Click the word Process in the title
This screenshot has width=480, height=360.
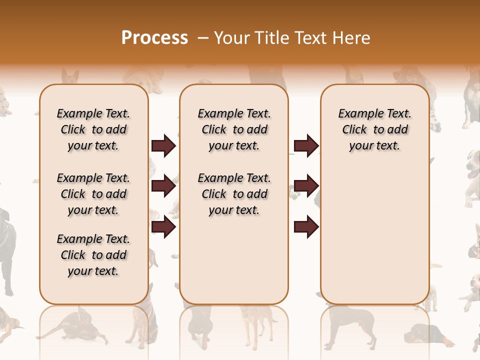154,38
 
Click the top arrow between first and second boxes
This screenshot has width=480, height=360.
163,146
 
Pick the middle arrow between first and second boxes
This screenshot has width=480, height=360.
163,186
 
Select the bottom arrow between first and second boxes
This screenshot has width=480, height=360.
163,227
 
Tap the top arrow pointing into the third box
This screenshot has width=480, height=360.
306,146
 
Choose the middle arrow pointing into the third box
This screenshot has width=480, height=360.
306,186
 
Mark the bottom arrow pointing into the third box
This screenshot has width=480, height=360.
306,227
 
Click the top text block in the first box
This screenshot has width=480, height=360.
93,129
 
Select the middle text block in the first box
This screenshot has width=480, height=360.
93,194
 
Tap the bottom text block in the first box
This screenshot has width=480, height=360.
93,255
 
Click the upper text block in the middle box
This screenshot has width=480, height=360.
234,129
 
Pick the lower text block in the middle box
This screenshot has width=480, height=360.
234,194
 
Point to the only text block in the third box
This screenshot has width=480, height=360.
374,129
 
